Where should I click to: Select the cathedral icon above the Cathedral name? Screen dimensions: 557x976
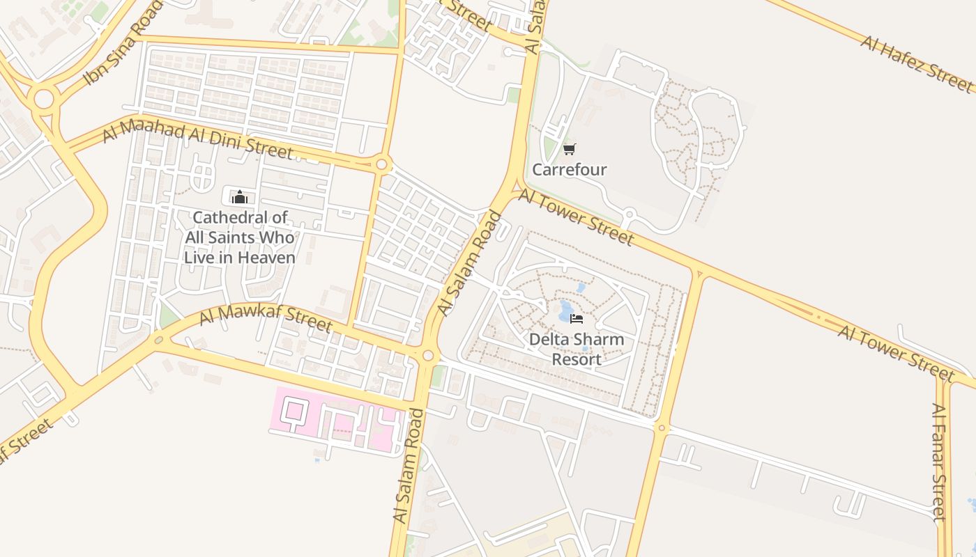point(239,197)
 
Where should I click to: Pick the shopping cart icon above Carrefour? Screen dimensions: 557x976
point(570,149)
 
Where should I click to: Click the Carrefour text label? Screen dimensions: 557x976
point(570,169)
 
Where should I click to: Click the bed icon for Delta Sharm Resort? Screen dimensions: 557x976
point(577,319)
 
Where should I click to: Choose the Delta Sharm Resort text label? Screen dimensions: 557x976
point(577,350)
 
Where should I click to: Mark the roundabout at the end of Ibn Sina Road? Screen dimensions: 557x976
point(43,99)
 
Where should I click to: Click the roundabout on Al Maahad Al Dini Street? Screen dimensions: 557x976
point(381,165)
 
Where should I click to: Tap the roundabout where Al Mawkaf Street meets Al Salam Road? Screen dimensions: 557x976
point(428,356)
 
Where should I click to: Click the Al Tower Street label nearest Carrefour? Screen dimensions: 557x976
point(576,219)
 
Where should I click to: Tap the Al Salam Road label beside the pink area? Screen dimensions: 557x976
point(409,466)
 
